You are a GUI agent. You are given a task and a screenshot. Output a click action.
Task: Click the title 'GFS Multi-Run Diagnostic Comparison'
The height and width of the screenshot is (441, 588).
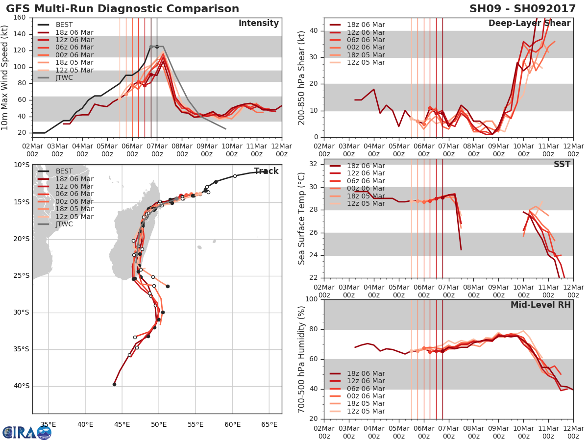(122, 9)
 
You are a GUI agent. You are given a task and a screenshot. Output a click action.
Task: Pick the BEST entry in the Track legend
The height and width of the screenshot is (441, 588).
(64, 171)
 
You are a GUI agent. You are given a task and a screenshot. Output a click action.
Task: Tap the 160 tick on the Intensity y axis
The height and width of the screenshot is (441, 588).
(20, 18)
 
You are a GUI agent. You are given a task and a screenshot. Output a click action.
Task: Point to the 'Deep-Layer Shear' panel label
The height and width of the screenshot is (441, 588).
(529, 24)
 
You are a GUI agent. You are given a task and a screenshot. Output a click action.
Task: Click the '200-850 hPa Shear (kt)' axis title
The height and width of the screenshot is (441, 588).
(302, 77)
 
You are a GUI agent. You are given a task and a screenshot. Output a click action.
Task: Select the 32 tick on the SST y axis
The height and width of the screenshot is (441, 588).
(313, 164)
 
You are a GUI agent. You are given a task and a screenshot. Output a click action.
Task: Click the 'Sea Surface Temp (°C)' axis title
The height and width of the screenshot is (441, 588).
(302, 219)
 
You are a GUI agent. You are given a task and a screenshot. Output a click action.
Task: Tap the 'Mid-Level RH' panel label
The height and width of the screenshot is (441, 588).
(540, 305)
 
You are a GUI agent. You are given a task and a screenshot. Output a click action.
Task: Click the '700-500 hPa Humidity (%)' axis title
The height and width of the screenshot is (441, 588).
(302, 359)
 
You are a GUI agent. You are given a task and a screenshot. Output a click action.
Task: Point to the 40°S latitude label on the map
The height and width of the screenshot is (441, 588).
(22, 386)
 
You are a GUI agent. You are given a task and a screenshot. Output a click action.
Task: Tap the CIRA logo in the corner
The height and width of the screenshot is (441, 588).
(26, 432)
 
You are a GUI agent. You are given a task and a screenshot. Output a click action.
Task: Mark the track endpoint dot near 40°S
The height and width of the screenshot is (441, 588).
(114, 384)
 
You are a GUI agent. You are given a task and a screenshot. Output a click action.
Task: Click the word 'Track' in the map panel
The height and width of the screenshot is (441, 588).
(266, 171)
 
